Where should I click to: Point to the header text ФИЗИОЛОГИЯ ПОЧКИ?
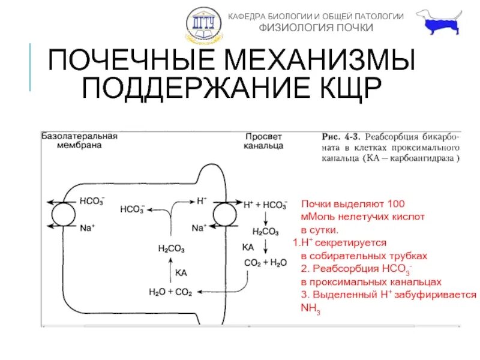click(x=316, y=28)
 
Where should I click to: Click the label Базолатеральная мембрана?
click(x=79, y=140)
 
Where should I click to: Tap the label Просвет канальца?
click(x=264, y=140)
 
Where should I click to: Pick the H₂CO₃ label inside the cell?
click(x=171, y=248)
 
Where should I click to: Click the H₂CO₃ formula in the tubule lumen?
click(x=265, y=230)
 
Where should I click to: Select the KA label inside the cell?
click(x=181, y=272)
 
